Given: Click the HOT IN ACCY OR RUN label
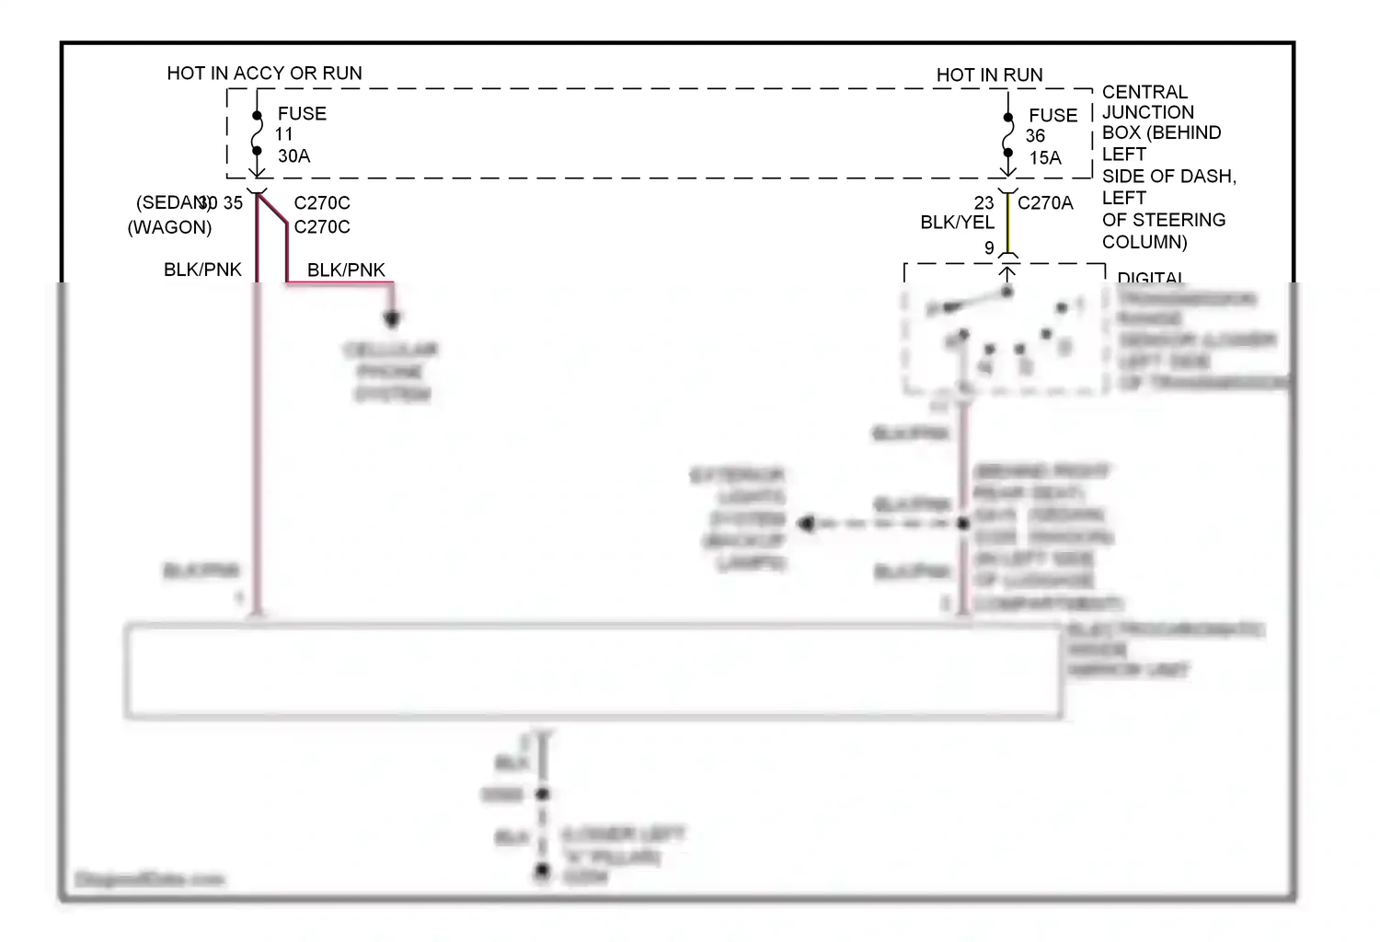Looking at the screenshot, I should point(264,74).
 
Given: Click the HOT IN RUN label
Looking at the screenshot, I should point(989,75).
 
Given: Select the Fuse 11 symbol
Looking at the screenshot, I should point(258,133).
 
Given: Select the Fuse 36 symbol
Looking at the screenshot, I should point(1008,135).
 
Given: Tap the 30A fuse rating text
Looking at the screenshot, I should point(293,156).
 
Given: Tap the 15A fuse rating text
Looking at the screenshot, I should point(1045,158).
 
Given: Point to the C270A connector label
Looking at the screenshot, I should point(1045,203).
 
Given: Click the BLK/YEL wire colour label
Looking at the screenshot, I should point(957,223).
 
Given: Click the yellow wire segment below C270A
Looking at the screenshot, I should point(1008,225).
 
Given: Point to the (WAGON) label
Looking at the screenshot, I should point(169,227).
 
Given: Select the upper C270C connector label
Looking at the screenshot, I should point(322,203).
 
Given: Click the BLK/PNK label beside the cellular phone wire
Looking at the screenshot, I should point(346,270).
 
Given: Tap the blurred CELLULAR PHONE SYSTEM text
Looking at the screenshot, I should point(392,372).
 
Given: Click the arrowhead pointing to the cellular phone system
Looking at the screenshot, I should point(392,319).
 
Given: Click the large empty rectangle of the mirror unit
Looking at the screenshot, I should point(593,671).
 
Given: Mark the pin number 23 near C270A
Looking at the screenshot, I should point(983,203).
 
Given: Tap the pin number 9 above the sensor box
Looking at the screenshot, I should point(989,248).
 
